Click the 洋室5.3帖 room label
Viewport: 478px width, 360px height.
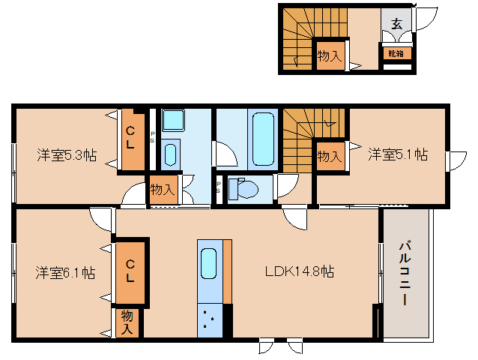tap(67, 155)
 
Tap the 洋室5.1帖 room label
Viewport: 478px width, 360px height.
tap(397, 154)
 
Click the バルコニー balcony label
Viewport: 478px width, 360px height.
tap(404, 271)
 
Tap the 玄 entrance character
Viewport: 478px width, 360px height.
tap(396, 22)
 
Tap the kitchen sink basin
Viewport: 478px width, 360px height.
tap(209, 265)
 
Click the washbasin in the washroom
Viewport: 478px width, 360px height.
tap(170, 154)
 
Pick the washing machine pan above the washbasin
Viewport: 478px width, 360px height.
tap(173, 120)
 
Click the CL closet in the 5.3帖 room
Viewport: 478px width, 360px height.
tap(131, 140)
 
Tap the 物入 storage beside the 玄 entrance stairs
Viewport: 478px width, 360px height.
tap(329, 56)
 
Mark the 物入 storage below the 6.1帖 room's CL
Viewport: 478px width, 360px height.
tap(127, 322)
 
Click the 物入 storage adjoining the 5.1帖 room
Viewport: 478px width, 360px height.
tap(329, 157)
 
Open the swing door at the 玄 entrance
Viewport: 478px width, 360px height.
tap(426, 16)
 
